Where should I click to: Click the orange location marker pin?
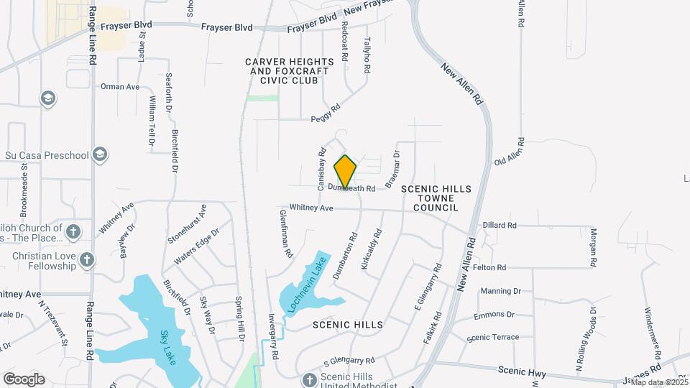coord(346,172)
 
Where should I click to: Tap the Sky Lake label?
coord(167,347)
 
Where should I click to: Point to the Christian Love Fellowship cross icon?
coord(87,259)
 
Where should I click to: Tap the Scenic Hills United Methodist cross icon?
coord(310,379)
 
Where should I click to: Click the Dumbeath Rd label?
coord(352,189)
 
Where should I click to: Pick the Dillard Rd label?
coord(500,225)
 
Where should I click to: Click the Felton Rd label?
coord(490,267)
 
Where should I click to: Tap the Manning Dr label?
coord(500,291)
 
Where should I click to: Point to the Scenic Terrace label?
coord(492,338)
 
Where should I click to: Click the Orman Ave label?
coord(120,86)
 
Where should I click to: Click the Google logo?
coord(24,379)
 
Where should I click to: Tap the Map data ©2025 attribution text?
coord(659,382)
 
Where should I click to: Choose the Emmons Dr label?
coord(495,315)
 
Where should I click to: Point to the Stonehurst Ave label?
coord(187,224)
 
